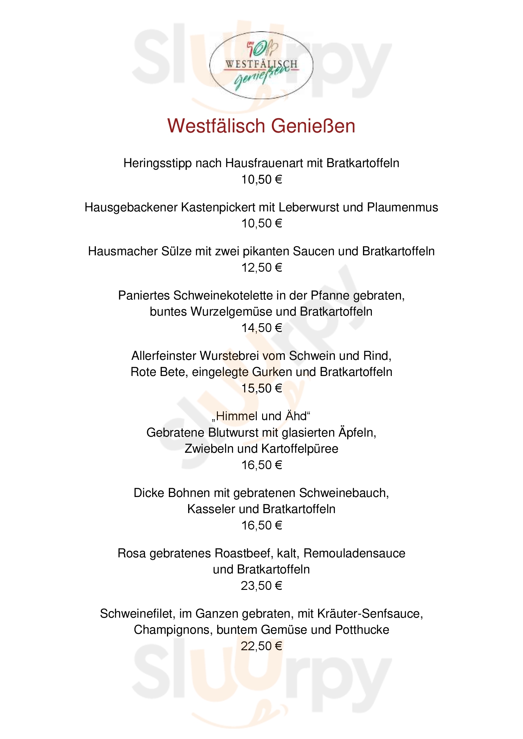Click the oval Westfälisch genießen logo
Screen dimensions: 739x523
[261, 65]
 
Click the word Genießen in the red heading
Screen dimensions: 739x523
[313, 126]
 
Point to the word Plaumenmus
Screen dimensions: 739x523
[403, 208]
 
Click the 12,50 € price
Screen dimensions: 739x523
[261, 268]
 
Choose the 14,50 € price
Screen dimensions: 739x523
[261, 328]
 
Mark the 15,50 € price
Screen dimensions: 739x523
[261, 389]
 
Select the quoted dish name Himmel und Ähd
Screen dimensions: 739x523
[261, 416]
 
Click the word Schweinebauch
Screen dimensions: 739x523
[344, 493]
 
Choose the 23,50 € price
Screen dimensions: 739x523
[261, 586]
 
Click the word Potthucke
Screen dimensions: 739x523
[362, 630]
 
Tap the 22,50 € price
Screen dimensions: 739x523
[261, 646]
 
